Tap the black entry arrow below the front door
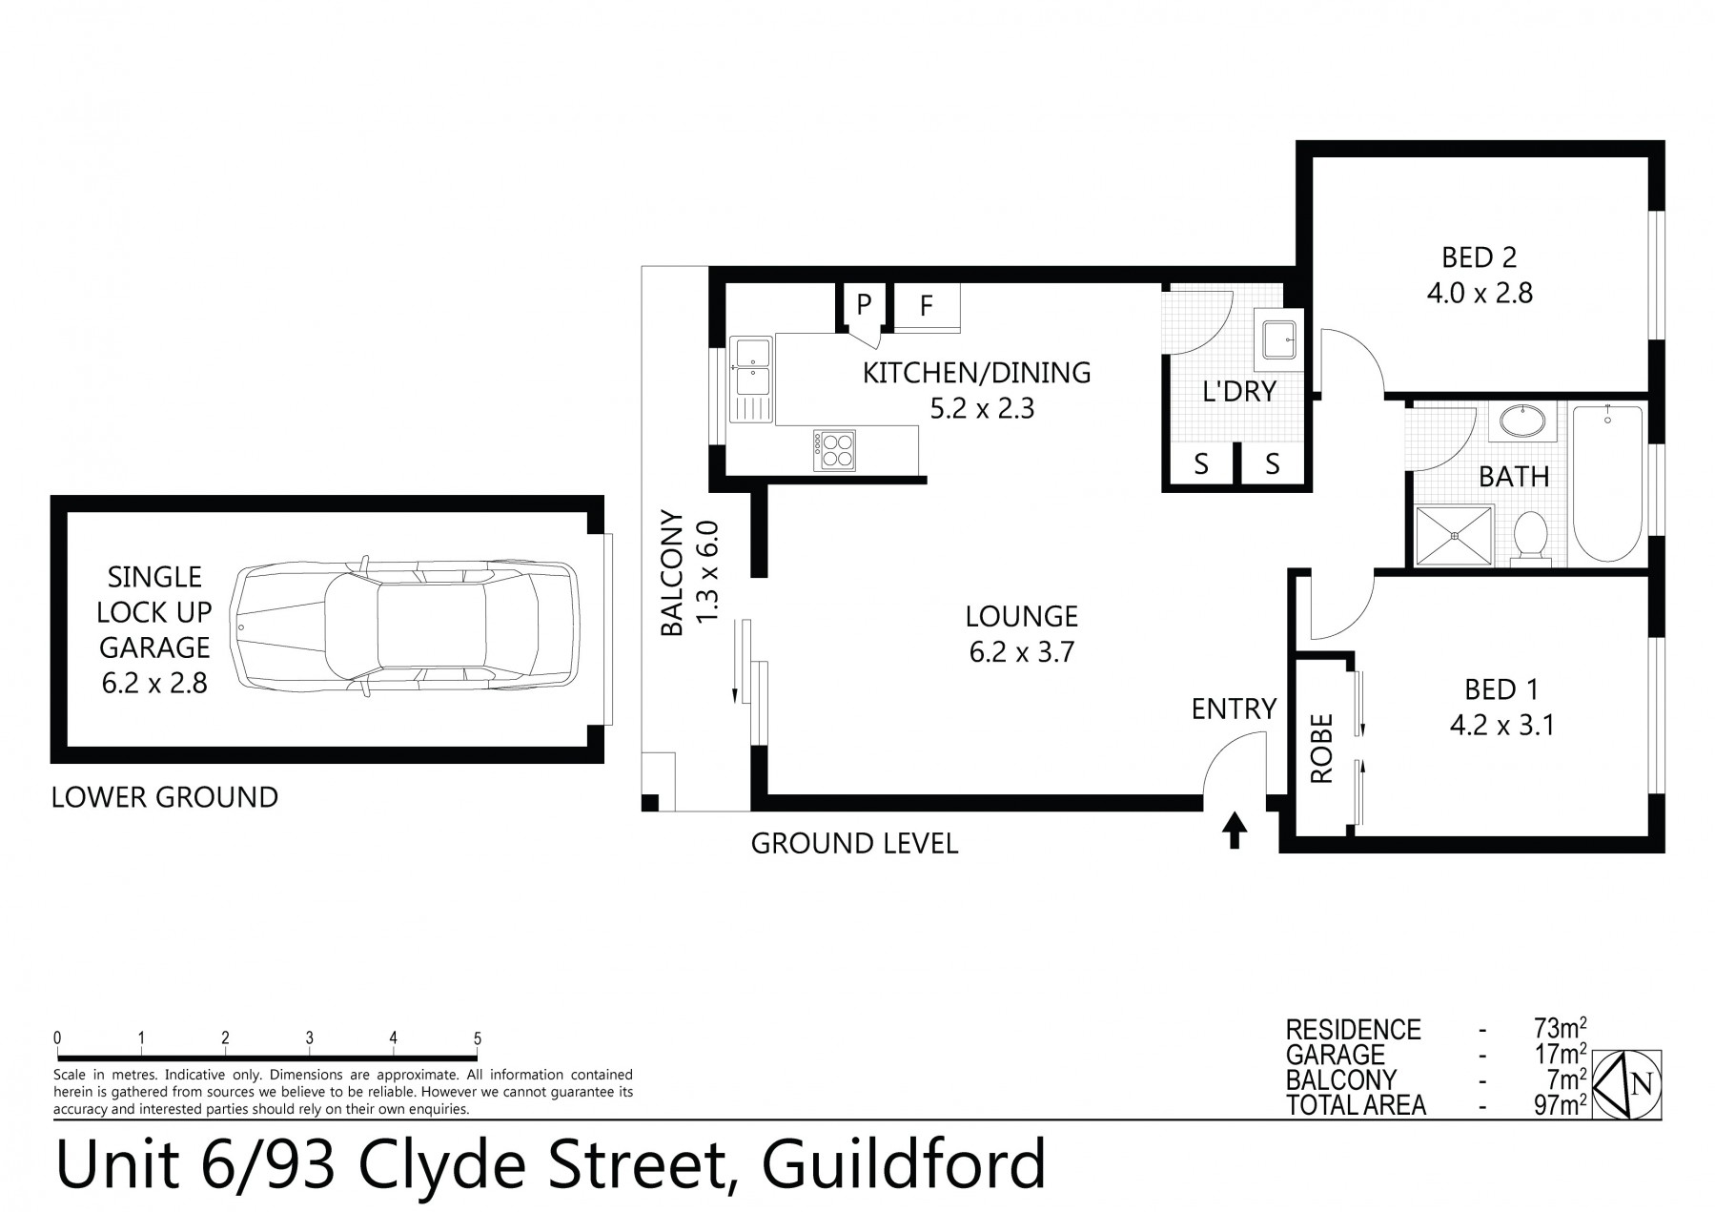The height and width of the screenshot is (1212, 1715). click(1235, 830)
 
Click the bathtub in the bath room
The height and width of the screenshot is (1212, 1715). click(1608, 484)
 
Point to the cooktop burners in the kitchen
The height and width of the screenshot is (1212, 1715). click(834, 449)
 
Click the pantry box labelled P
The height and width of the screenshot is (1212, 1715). click(864, 305)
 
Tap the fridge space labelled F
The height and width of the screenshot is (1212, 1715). click(927, 306)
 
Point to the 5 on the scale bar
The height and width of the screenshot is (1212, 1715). click(477, 1038)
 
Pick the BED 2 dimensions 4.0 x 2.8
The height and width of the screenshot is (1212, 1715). click(1480, 293)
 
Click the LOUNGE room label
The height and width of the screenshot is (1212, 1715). click(1021, 616)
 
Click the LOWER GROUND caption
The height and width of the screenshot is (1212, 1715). click(165, 797)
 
